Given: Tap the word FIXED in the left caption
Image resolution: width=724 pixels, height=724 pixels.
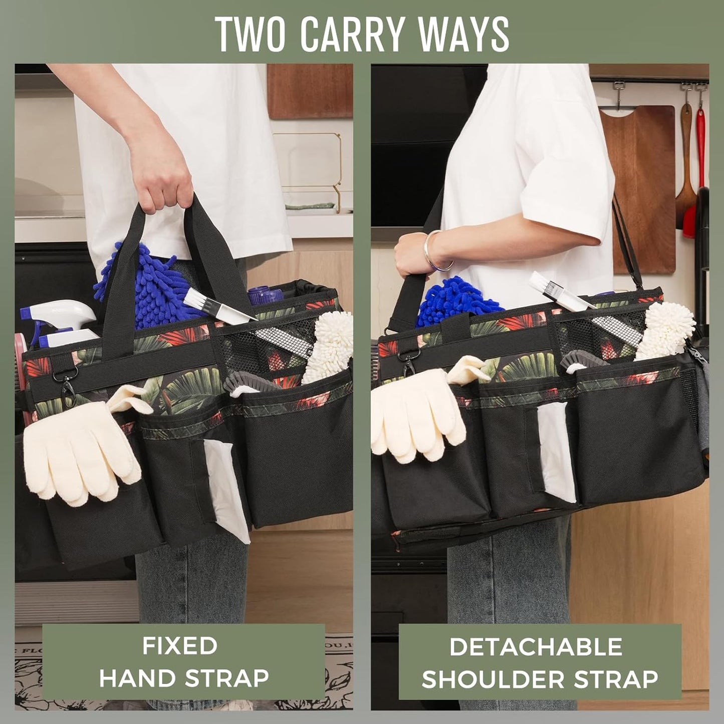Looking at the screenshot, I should pos(179,645).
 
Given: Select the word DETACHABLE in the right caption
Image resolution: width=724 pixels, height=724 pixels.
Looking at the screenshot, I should pos(536,647).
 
